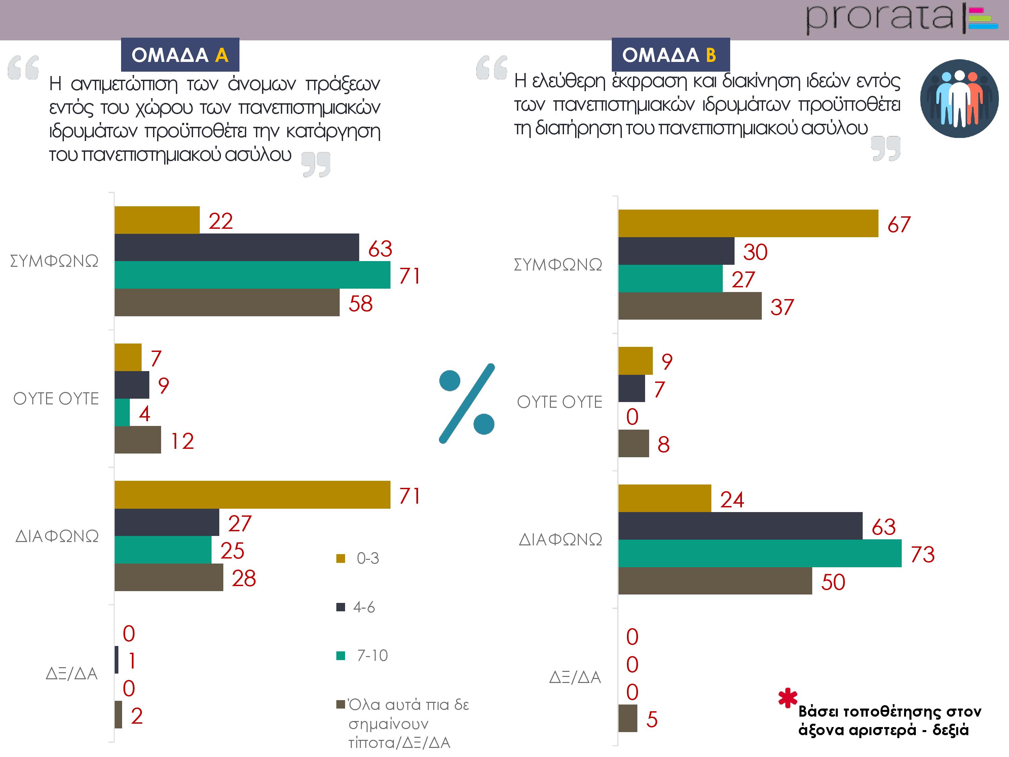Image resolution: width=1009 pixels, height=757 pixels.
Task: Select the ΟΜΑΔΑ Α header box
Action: [180, 55]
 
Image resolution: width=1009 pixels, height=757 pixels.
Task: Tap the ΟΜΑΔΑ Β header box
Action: [670, 55]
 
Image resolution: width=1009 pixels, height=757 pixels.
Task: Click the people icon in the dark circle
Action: [959, 99]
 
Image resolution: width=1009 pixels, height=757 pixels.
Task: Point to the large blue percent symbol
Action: [466, 403]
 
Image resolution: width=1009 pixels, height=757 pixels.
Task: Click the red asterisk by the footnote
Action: [788, 698]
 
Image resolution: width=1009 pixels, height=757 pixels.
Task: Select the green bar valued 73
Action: [759, 553]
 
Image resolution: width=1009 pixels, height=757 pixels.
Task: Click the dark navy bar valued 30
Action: [676, 251]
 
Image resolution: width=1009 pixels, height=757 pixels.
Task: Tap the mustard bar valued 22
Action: [157, 220]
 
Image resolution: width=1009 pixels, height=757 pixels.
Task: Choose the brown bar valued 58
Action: [227, 302]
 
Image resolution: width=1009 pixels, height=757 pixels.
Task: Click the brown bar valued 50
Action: [715, 581]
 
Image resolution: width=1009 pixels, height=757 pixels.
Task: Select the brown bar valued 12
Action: [138, 440]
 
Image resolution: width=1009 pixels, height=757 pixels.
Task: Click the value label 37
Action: [782, 307]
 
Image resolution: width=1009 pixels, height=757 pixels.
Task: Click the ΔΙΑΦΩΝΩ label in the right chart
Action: [560, 540]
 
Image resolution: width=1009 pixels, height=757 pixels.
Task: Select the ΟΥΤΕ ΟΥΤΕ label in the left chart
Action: [56, 399]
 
